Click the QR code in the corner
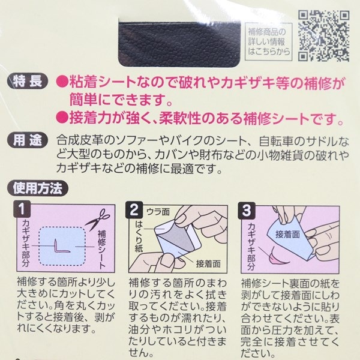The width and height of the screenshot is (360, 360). pos(324,36)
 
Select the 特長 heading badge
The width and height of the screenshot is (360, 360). pos(28,81)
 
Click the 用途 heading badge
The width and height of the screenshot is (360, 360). pos(28,140)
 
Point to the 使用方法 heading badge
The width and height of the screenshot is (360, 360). pos(38,188)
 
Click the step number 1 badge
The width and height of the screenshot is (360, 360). pos(22,209)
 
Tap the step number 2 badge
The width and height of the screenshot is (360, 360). pos(134,209)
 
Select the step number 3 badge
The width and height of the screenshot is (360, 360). pos(247,210)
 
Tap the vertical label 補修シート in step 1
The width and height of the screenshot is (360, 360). pos(102,250)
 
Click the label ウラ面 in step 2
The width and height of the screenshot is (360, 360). pos(158,212)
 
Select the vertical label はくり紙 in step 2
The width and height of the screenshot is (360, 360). pos(139,236)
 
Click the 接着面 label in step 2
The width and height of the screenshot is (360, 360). pos(208,264)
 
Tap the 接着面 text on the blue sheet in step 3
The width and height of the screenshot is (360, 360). pos(287,235)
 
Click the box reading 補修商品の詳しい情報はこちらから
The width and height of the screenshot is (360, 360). pos(269,41)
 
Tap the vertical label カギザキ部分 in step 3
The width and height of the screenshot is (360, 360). pos(252,247)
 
